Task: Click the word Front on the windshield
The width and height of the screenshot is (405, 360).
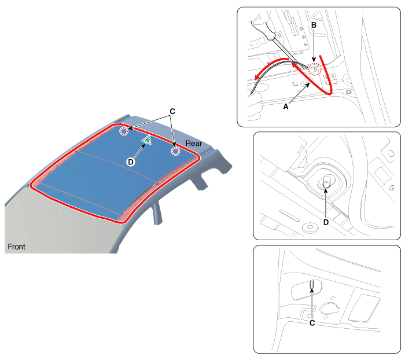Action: click(17, 247)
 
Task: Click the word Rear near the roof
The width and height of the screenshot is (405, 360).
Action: click(194, 144)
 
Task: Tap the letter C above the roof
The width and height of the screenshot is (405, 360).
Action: click(172, 111)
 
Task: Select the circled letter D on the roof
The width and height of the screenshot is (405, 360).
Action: click(131, 162)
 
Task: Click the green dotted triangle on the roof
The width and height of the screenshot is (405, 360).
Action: click(147, 140)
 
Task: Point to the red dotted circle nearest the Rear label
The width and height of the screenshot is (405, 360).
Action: click(176, 151)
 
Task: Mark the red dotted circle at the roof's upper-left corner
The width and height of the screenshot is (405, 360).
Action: click(124, 131)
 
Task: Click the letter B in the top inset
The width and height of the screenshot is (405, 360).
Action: click(314, 25)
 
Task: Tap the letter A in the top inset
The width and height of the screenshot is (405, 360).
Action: click(286, 106)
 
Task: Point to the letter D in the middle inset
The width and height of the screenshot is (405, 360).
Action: click(326, 222)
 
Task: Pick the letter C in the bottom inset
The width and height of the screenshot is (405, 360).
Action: click(312, 323)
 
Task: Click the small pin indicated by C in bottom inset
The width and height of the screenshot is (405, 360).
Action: click(312, 285)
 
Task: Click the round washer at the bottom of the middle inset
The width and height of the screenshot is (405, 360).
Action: click(310, 228)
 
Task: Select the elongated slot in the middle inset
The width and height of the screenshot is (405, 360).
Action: click(289, 215)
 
